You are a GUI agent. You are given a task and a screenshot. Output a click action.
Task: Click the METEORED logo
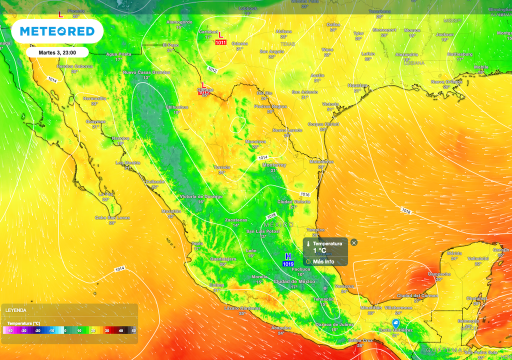tap(57, 31)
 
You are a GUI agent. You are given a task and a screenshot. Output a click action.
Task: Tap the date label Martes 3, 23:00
tap(56, 52)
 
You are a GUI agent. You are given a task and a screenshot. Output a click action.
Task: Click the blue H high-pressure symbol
tap(288, 256)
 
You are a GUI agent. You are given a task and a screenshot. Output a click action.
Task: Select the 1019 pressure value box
tap(288, 263)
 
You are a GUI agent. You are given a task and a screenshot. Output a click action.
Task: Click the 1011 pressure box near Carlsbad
tap(221, 42)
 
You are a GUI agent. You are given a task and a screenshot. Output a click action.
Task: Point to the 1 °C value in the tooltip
tap(319, 250)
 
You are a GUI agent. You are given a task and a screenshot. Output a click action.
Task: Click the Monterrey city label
tap(274, 165)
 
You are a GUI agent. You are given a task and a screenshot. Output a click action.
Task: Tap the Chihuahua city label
tap(177, 107)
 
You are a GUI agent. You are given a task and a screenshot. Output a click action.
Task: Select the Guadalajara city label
tap(223, 259)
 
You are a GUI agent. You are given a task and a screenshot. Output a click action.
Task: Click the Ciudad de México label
tap(294, 281)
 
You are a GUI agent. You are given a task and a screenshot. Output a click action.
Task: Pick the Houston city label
tap(357, 85)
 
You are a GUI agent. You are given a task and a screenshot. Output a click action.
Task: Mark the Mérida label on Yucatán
tap(454, 253)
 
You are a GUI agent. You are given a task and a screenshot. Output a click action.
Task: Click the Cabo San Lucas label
tap(112, 217)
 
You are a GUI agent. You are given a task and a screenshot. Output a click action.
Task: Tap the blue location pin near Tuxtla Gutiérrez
tap(396, 323)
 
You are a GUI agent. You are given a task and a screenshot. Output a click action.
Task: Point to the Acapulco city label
tap(280, 327)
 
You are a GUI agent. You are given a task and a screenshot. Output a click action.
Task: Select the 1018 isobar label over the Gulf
tap(405, 212)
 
